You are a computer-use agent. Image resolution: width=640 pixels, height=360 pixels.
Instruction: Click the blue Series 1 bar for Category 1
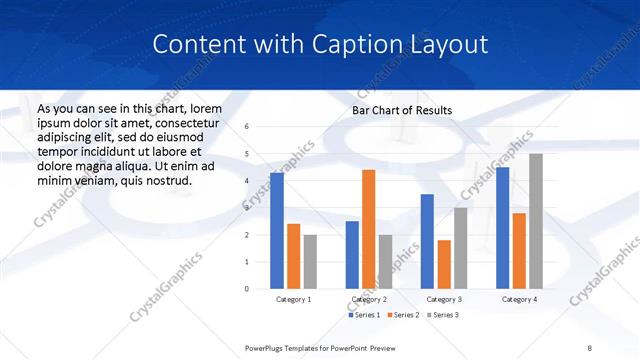click(277, 231)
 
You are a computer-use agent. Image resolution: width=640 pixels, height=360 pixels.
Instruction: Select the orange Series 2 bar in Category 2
click(368, 229)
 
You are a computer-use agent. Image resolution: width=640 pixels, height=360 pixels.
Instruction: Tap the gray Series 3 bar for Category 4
click(536, 221)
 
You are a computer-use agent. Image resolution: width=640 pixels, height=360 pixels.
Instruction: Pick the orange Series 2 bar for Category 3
click(444, 264)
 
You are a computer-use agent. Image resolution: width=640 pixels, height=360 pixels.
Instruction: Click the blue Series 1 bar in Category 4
click(502, 228)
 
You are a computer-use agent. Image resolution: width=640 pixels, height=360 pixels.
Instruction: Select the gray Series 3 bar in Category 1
click(310, 262)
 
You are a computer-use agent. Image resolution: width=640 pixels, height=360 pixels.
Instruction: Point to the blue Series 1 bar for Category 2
click(352, 255)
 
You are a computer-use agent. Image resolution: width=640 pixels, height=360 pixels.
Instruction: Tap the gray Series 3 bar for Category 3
click(460, 248)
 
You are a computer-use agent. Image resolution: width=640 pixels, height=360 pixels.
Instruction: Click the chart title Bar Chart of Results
click(402, 110)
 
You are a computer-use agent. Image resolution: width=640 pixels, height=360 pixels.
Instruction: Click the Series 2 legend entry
click(402, 315)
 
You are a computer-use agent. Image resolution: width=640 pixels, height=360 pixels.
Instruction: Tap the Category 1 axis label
click(293, 299)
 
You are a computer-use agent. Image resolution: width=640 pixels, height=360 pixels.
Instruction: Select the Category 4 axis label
click(519, 299)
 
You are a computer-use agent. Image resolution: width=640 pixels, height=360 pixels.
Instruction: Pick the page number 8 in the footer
click(589, 347)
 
